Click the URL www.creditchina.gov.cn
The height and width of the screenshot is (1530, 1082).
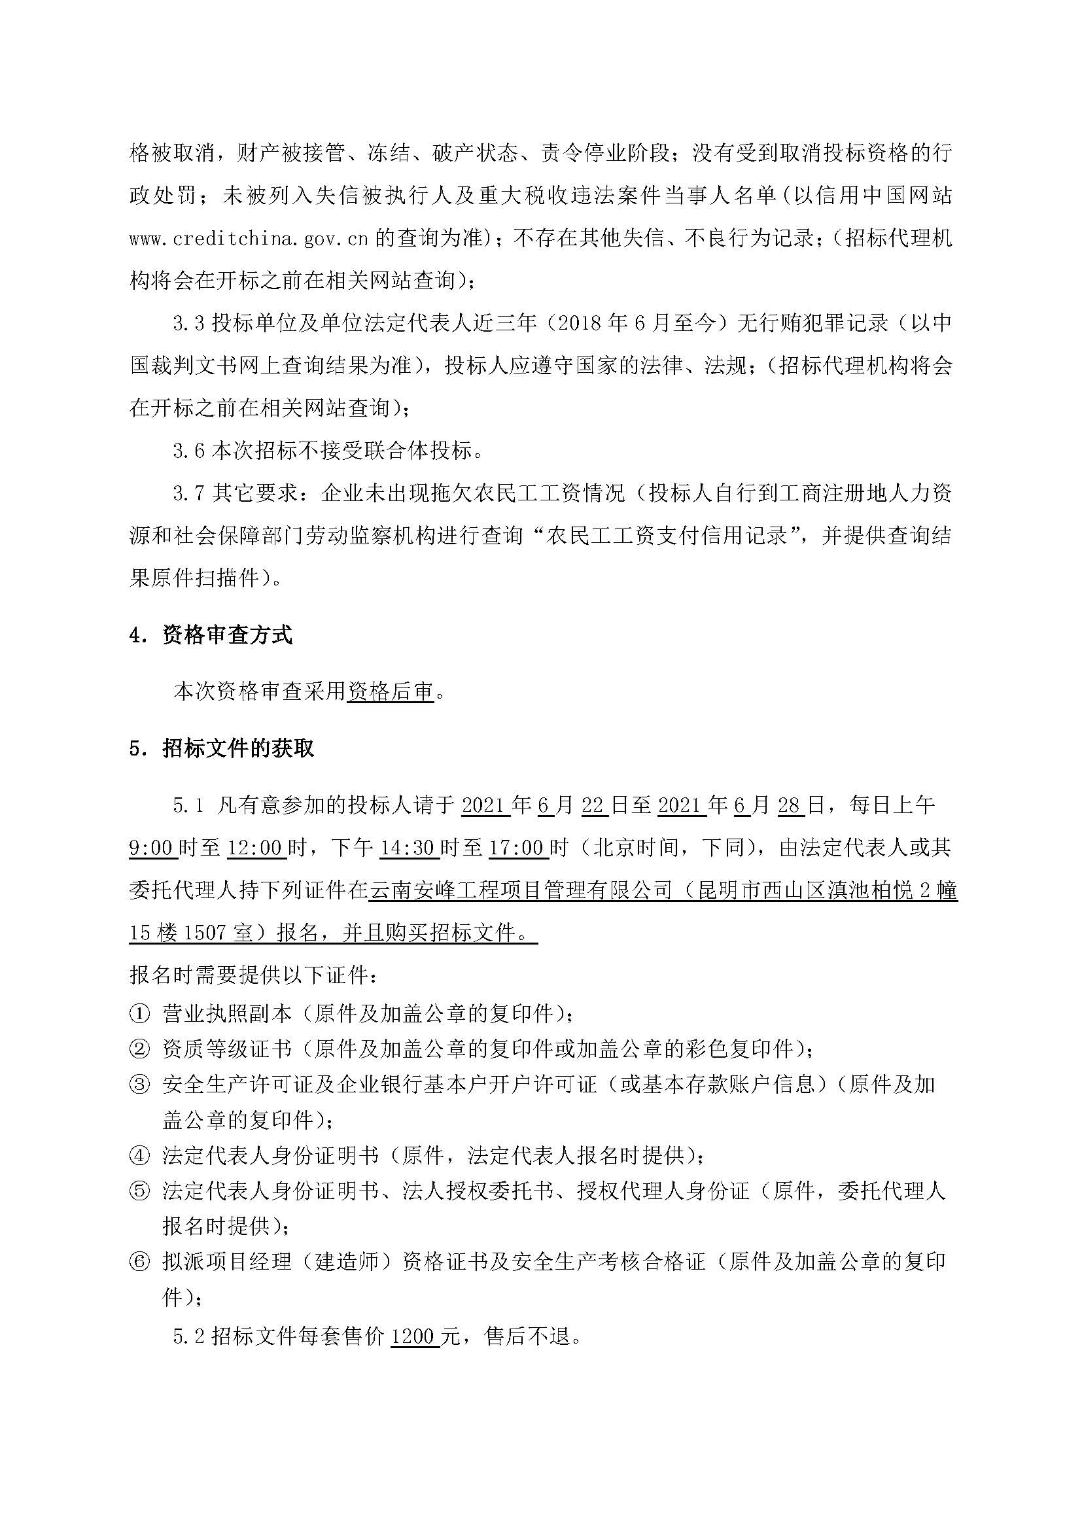click(249, 239)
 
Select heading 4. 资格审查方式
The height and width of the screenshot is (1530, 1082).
click(211, 635)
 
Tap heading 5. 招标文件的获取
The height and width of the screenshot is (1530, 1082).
click(222, 748)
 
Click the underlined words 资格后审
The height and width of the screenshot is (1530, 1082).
click(391, 691)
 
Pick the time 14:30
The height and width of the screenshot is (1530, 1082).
click(407, 848)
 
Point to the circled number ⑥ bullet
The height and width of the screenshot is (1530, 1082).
click(139, 1262)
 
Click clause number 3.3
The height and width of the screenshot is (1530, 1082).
click(188, 323)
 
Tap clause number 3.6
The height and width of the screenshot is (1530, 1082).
click(188, 451)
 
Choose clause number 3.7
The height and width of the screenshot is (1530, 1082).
click(188, 494)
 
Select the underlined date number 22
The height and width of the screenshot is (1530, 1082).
click(592, 805)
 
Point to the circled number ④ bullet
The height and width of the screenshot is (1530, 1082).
click(139, 1155)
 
